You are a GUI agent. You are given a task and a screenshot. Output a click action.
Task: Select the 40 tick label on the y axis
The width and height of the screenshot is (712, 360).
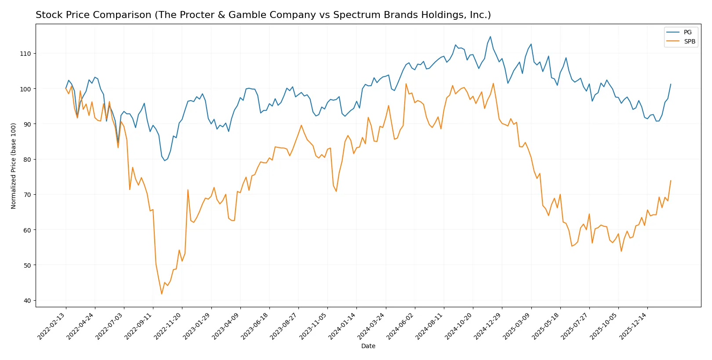coord(27,301)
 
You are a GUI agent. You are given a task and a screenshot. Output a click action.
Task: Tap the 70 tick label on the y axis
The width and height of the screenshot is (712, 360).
coord(27,195)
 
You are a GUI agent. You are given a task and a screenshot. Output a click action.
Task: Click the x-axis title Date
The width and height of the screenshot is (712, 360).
coord(368,346)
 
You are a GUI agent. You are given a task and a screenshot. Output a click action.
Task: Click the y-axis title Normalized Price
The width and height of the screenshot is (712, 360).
coord(14,166)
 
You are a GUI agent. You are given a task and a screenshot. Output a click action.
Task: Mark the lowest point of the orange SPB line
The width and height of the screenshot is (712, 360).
coord(162,294)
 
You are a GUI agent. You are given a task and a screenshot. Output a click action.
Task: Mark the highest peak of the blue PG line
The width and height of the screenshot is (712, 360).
coord(490,37)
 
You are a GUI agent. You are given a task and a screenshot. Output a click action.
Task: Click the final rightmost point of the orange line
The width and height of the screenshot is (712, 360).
coord(671,181)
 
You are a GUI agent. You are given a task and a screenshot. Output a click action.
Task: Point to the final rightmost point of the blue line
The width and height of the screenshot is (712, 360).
coord(671,84)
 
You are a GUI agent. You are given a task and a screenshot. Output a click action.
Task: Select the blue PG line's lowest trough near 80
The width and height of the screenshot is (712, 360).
coord(165,160)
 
